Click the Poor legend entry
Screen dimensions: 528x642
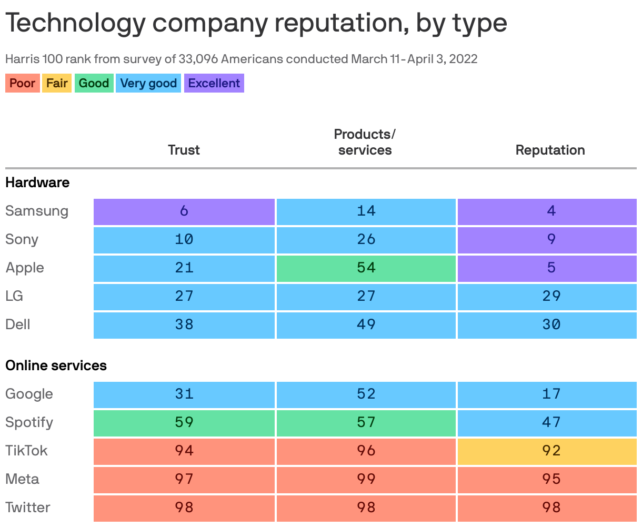pos(22,83)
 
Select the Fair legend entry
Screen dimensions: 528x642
pos(57,83)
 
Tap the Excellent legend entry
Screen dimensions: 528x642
pos(214,83)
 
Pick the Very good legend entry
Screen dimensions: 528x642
pos(148,83)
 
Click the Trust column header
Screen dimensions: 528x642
pos(184,150)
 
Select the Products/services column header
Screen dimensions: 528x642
pos(365,142)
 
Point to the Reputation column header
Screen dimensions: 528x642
pos(550,150)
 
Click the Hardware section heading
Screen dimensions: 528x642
pos(37,182)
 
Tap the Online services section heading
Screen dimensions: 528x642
pos(56,365)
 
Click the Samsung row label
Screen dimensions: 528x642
pos(37,211)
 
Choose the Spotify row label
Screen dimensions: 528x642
pos(29,422)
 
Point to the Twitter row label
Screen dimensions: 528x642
pos(28,507)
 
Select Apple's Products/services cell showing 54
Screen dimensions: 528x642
pos(366,268)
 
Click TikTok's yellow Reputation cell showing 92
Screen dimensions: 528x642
pos(547,451)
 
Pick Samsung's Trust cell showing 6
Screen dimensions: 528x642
pos(184,211)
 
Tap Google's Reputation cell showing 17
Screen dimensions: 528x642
pos(547,394)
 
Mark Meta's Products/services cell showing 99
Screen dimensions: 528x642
pos(366,479)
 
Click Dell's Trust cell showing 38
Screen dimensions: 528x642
pos(184,324)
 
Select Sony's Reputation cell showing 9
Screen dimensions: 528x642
pos(547,239)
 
